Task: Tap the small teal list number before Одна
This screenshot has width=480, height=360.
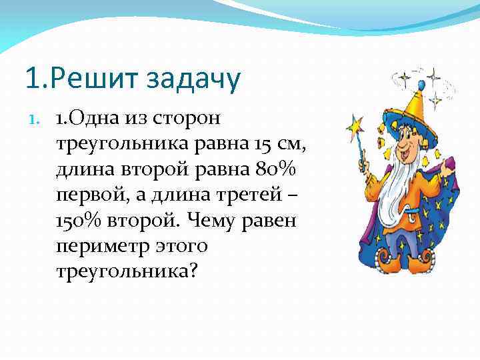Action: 39,119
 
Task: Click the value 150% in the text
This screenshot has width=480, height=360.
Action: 79,221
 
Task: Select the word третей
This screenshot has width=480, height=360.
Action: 245,195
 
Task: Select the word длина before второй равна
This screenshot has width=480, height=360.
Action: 84,170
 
